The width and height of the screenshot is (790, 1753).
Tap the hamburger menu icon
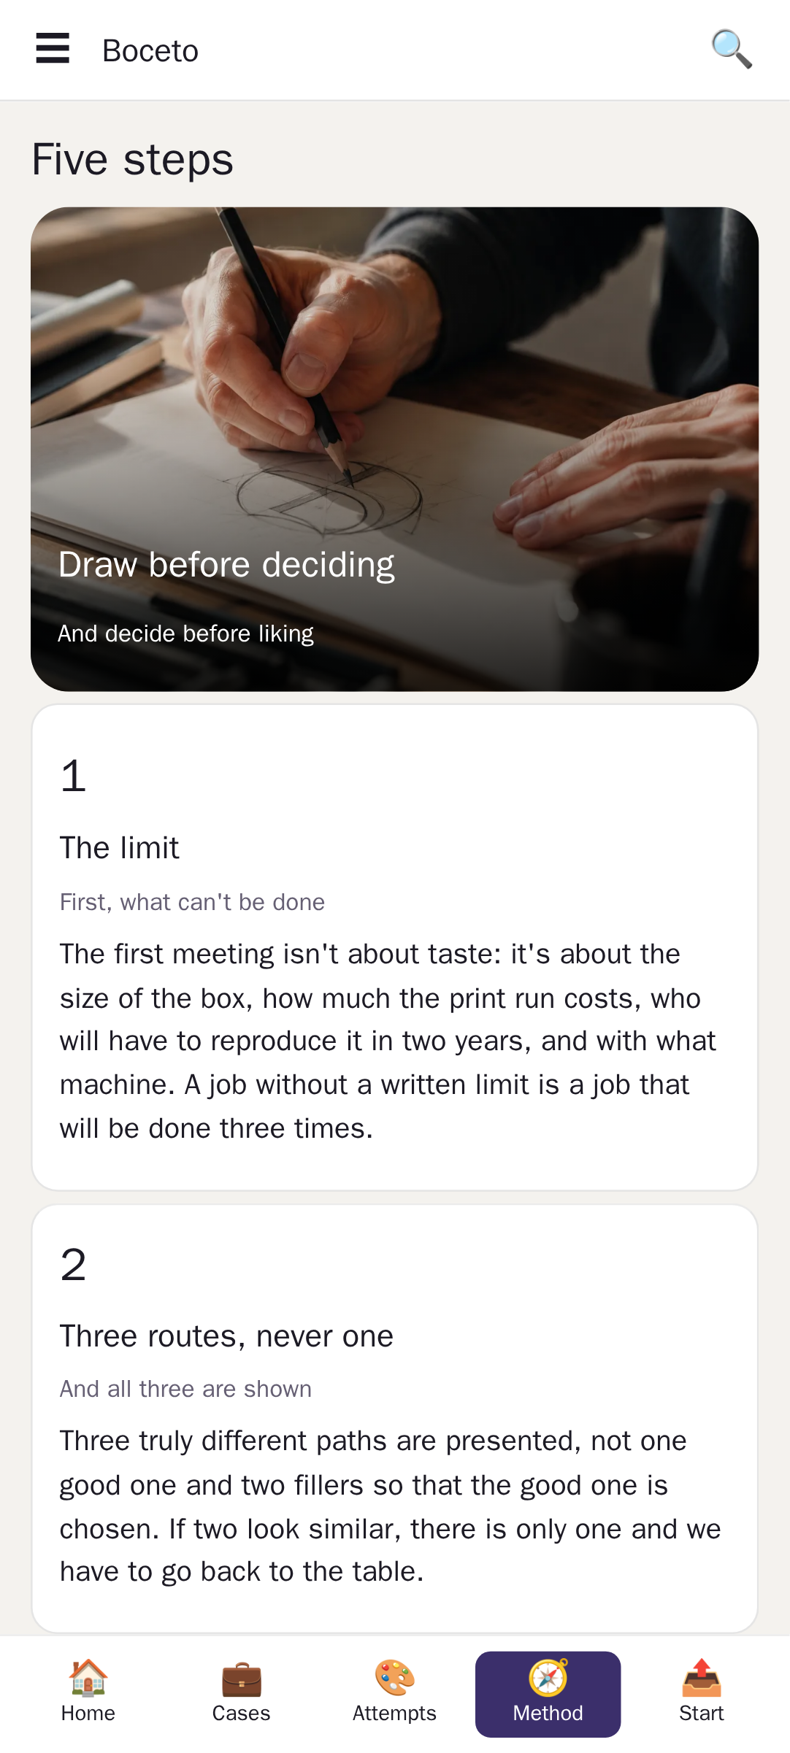[53, 48]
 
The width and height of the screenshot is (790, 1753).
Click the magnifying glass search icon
[732, 49]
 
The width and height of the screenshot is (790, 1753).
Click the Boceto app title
[150, 51]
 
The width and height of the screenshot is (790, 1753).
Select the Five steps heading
[133, 160]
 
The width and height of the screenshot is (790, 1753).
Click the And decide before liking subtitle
[185, 633]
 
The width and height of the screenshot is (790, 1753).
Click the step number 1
[73, 776]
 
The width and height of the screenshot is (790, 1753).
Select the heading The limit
[120, 848]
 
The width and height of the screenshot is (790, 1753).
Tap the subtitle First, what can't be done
[192, 903]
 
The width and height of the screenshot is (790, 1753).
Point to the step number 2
[73, 1265]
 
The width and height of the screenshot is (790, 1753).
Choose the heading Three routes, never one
[226, 1336]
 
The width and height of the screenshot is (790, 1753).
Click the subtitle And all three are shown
[185, 1389]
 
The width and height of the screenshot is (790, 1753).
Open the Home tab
[88, 1694]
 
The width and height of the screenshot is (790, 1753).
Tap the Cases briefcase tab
[242, 1694]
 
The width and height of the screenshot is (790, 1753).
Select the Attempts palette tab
[395, 1694]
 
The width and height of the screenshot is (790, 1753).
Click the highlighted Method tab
[548, 1694]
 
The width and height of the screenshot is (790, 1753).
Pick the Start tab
[702, 1694]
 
